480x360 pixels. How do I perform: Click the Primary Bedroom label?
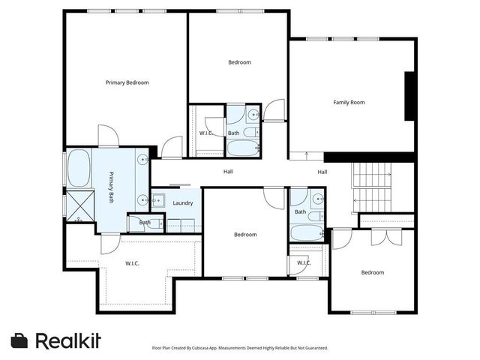[x=127, y=82]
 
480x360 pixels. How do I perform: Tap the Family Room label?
[x=349, y=102]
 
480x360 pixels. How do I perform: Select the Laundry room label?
[x=183, y=203]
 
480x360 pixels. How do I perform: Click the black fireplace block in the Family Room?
[x=410, y=95]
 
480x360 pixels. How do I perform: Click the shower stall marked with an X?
[x=78, y=203]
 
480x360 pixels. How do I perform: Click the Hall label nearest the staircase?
[x=322, y=172]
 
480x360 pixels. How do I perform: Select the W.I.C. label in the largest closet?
[x=132, y=262]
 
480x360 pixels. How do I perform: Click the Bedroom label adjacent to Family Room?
[x=239, y=62]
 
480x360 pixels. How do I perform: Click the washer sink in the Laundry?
[x=158, y=200]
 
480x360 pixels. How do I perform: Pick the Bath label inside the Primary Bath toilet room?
[x=144, y=222]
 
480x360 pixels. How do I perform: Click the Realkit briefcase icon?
[x=19, y=340]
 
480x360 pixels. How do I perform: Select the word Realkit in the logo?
[x=68, y=340]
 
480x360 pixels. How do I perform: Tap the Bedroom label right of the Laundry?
[x=244, y=235]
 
